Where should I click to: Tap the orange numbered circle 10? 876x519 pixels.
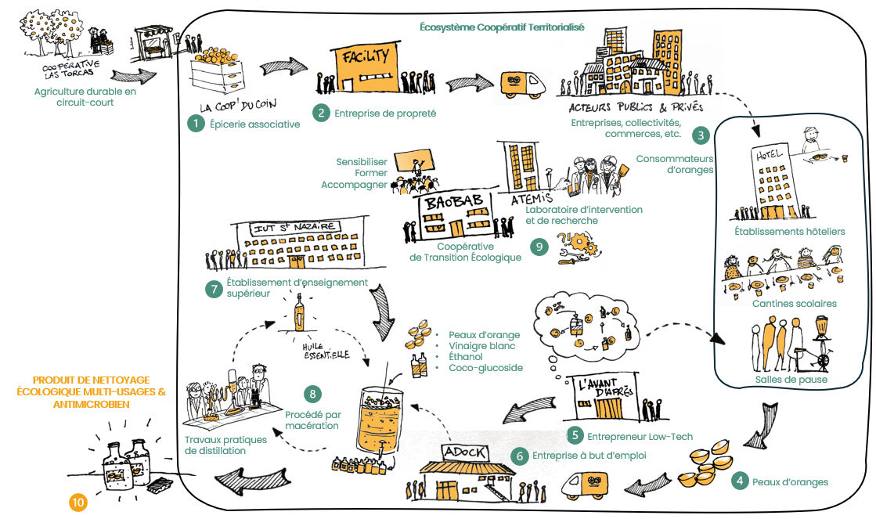coord(78,503)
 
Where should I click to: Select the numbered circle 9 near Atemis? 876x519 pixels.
coord(539,247)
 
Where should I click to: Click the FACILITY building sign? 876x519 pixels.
coord(363,57)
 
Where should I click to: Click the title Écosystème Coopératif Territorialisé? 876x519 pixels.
coord(491,26)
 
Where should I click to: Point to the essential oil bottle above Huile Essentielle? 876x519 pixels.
coord(299,314)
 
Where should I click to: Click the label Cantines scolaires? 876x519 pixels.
coord(794,303)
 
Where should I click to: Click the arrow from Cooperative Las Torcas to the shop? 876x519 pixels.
coord(134,76)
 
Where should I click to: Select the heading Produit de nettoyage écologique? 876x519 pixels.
coord(92,392)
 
